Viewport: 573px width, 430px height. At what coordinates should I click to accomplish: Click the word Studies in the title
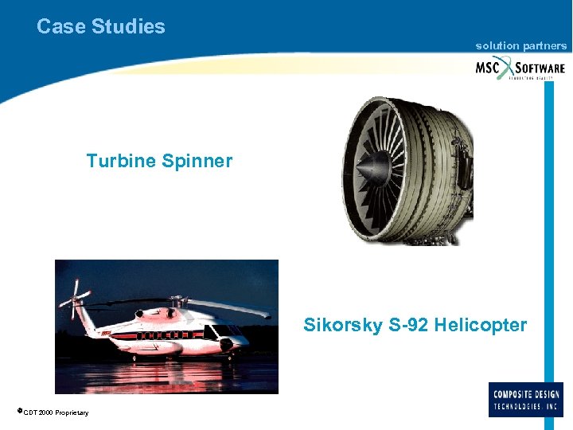[128, 26]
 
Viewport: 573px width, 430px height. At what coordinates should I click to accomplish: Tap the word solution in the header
[497, 46]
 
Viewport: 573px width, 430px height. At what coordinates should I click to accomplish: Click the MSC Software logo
[520, 68]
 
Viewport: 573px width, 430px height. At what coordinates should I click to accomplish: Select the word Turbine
[121, 161]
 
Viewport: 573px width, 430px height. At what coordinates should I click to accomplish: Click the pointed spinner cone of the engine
[367, 169]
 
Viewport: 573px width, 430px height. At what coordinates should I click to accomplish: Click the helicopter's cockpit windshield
[226, 330]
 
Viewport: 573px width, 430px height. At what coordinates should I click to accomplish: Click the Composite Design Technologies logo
[526, 400]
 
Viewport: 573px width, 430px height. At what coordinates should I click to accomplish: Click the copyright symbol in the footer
[18, 411]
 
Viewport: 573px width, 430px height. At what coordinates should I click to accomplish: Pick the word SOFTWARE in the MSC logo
[540, 68]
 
